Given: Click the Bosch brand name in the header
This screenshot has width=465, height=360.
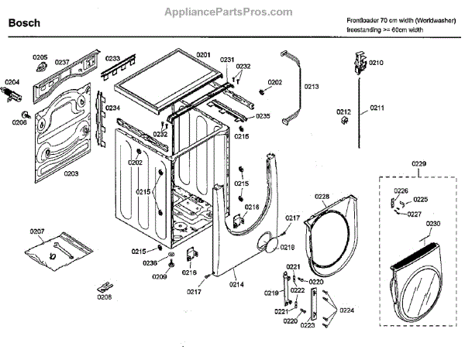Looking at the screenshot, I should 24,24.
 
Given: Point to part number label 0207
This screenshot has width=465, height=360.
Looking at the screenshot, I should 37,231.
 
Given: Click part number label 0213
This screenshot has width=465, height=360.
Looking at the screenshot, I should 312,86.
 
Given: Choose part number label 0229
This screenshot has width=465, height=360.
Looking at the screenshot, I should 418,163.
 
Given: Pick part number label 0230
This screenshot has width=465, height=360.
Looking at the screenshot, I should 433,223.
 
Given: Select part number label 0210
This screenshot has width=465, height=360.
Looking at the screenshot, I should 376,62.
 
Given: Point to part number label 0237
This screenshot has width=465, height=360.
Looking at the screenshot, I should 62,62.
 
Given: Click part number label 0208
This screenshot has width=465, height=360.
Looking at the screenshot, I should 103,296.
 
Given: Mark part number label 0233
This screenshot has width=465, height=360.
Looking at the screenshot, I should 113,58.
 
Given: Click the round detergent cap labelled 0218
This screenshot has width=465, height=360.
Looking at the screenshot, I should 269,245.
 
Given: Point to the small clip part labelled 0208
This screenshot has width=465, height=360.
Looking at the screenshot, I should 104,285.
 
